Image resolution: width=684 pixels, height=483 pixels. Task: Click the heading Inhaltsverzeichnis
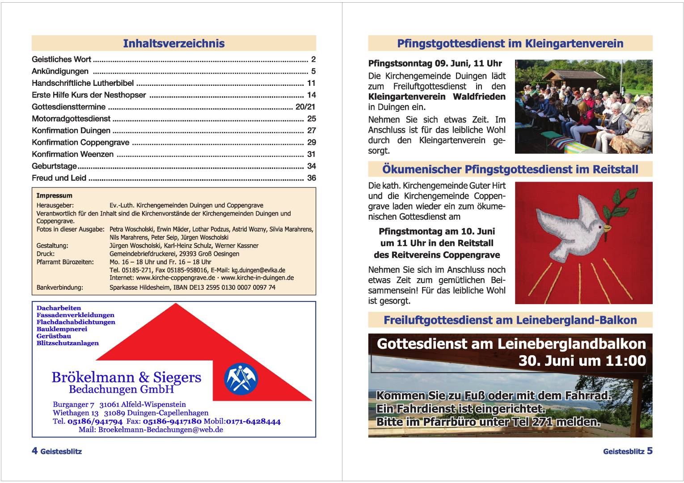point(173,43)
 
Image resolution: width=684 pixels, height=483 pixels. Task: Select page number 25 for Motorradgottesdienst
point(311,119)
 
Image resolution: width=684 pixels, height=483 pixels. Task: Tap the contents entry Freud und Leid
point(59,178)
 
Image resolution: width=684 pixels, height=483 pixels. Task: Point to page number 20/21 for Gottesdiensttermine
point(305,107)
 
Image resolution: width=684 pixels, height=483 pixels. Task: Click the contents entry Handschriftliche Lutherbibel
point(83,83)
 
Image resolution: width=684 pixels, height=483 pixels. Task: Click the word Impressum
point(54,195)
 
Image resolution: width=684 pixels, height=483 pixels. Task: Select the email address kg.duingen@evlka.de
point(258,270)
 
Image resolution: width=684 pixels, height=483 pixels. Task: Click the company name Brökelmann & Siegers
point(127,377)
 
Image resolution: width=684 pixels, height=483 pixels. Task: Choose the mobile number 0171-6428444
point(253,421)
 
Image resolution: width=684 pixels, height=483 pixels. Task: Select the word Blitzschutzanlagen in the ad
point(68,343)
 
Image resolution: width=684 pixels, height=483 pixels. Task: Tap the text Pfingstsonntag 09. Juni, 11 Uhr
point(435,64)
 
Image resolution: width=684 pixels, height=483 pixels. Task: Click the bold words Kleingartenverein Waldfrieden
point(437,97)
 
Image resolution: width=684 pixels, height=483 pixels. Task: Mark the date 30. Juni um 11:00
point(582,361)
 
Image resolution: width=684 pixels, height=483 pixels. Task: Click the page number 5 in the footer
point(650,451)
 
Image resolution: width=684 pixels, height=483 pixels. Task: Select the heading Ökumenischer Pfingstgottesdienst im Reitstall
point(510,169)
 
